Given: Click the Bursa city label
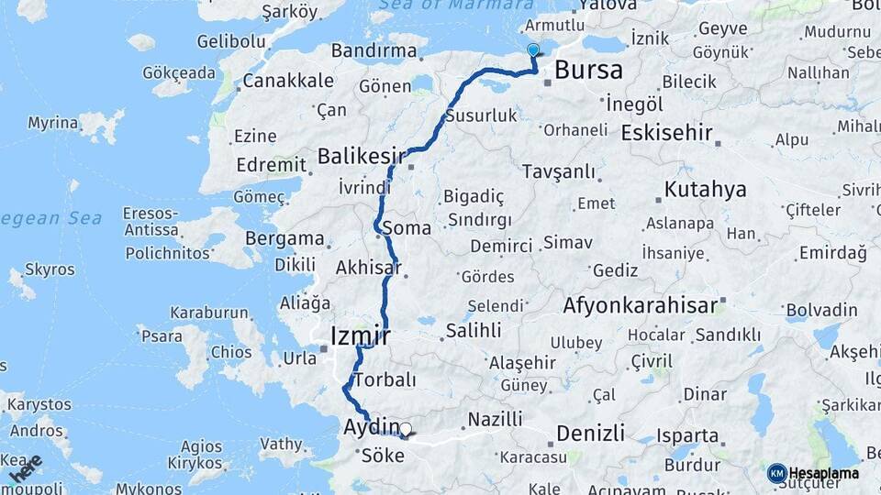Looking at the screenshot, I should (x=588, y=70).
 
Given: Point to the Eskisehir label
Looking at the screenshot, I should (x=666, y=133).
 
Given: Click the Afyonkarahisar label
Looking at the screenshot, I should (x=641, y=304).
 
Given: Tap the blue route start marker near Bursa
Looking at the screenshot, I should (x=533, y=49).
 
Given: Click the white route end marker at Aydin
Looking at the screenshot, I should (x=406, y=428).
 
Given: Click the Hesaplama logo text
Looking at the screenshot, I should (x=824, y=473).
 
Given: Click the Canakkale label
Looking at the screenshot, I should (x=288, y=81).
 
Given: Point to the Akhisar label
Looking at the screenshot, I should (x=369, y=269).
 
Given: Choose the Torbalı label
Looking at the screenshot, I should (x=385, y=379).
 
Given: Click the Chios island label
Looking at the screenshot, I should (x=230, y=352).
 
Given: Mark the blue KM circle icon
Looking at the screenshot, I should (x=776, y=473).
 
